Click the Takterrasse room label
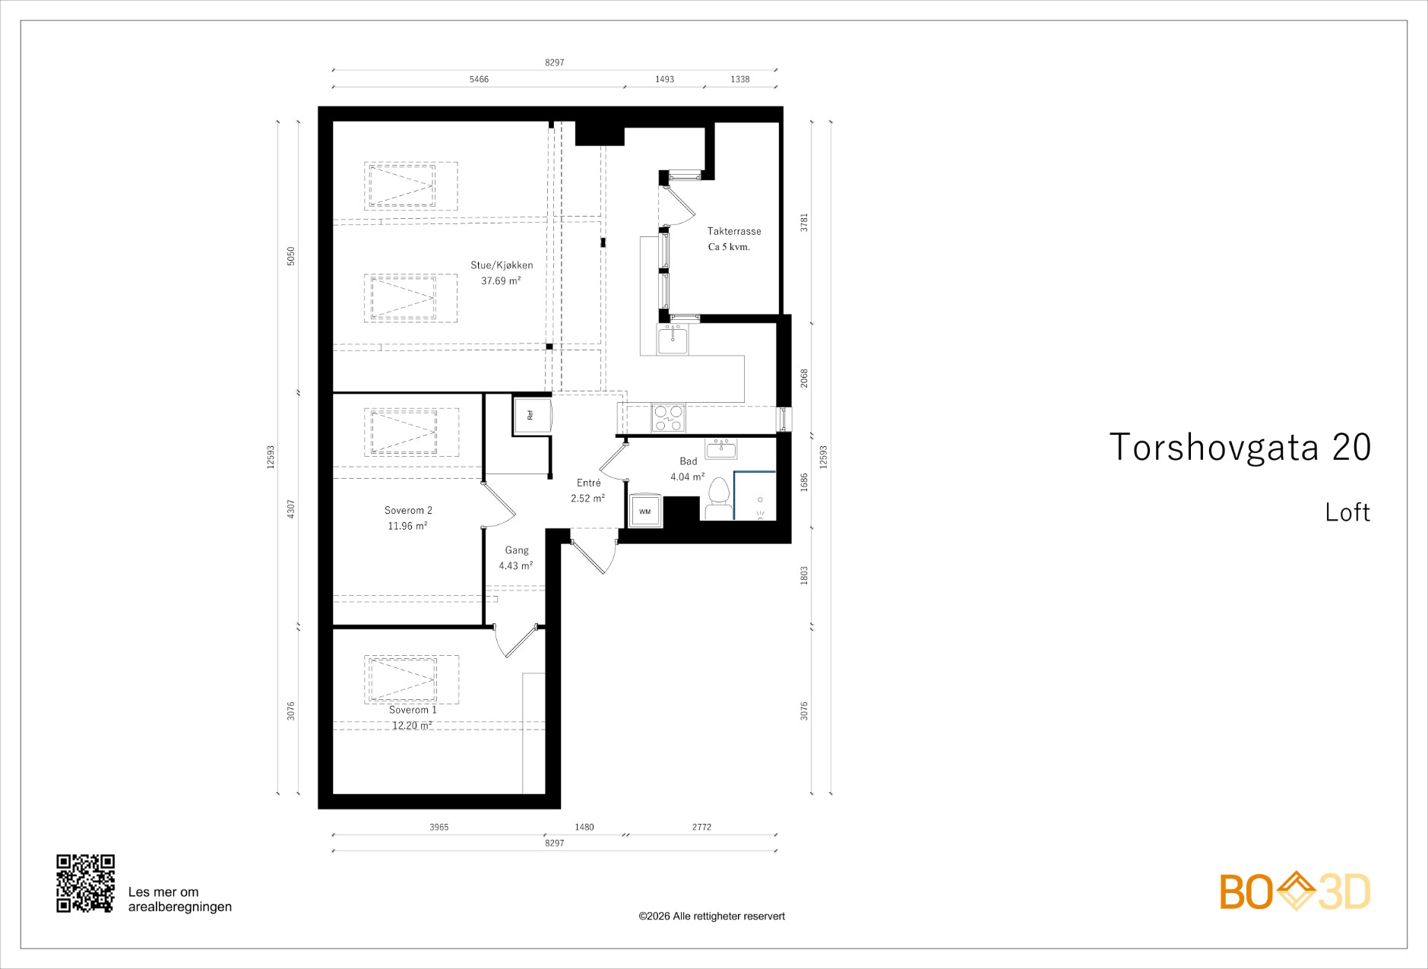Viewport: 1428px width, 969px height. [x=733, y=231]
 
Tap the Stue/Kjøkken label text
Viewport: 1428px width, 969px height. [x=502, y=265]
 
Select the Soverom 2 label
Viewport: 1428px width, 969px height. [x=408, y=510]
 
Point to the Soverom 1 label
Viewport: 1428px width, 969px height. [x=413, y=710]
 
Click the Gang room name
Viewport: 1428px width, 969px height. [x=517, y=550]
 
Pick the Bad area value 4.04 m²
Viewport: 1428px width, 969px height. [x=688, y=477]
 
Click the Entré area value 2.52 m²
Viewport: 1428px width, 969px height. [x=588, y=499]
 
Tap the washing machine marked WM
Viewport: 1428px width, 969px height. [x=645, y=511]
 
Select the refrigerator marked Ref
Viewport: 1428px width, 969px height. [x=531, y=416]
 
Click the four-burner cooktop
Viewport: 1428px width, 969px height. [x=668, y=418]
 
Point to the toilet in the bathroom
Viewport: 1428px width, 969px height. [x=718, y=499]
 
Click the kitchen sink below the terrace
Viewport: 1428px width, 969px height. [x=673, y=340]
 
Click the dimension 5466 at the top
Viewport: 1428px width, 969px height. [x=479, y=79]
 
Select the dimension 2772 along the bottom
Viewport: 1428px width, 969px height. [x=701, y=827]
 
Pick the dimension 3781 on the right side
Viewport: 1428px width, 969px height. [x=805, y=222]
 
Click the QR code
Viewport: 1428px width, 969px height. [x=86, y=883]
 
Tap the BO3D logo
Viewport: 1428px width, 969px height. [x=1295, y=891]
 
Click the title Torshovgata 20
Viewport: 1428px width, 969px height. [x=1240, y=447]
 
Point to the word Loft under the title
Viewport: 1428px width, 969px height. [x=1347, y=512]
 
